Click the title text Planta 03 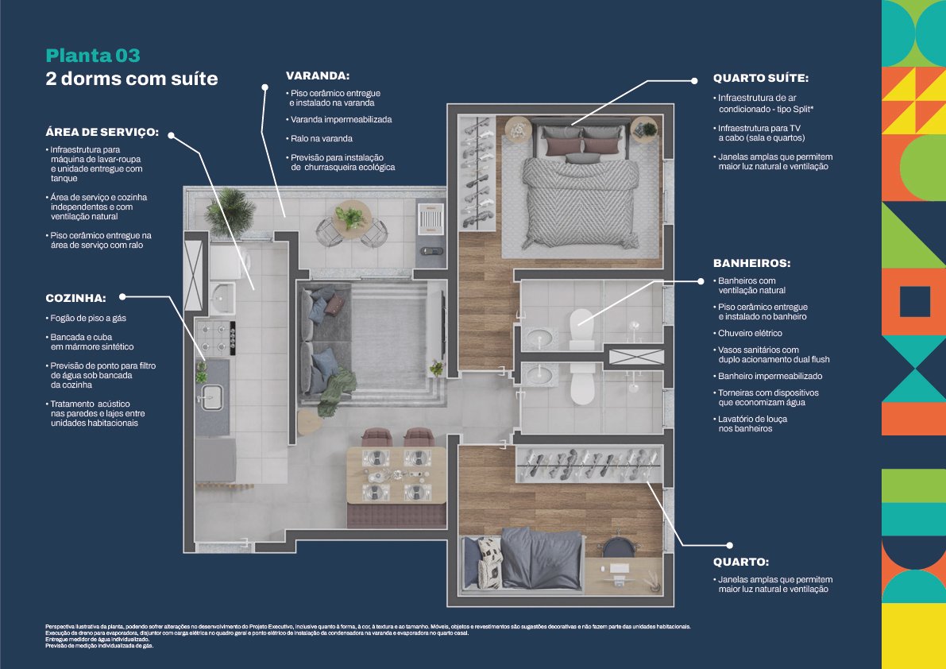click(x=93, y=56)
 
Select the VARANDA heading click(x=318, y=75)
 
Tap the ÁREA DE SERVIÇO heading click(x=102, y=132)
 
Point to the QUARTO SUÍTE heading click(x=760, y=79)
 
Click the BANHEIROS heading click(x=751, y=263)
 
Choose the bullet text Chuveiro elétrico click(x=750, y=334)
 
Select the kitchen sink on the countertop click(x=212, y=398)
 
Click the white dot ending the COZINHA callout click(x=123, y=296)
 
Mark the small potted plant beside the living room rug click(x=436, y=368)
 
